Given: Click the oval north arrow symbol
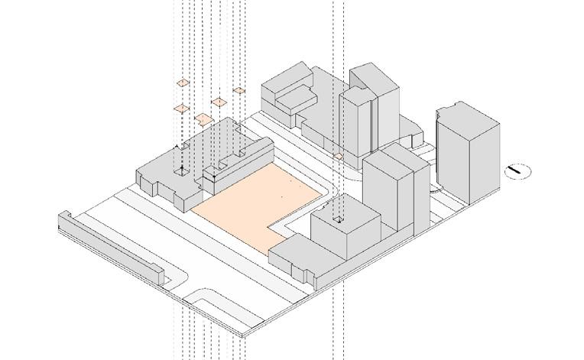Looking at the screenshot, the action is click(517, 171).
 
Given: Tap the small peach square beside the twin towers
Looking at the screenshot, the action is click(338, 157).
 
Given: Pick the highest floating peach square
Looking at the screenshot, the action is click(183, 83).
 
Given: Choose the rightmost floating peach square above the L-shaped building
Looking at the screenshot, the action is click(239, 90).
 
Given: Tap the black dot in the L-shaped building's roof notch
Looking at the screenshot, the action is click(181, 167).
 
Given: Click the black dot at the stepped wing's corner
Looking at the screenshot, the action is click(215, 177).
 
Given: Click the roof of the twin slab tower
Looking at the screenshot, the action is click(394, 156).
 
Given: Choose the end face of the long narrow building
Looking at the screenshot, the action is click(163, 274).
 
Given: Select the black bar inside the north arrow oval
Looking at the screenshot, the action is click(517, 171).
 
